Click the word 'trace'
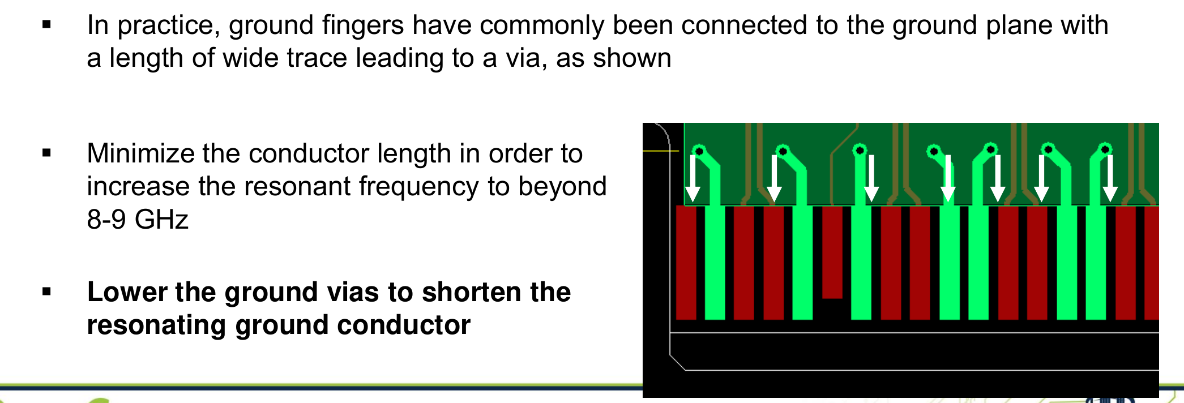coord(317,58)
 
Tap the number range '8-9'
coord(106,220)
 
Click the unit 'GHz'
coord(162,220)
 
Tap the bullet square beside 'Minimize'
coord(46,153)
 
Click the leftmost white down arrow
coord(693,179)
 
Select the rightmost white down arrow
coord(1110,179)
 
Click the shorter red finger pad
coord(832,252)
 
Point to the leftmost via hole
coord(699,151)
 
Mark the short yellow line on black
coord(661,151)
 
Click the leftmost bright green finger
coord(715,263)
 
